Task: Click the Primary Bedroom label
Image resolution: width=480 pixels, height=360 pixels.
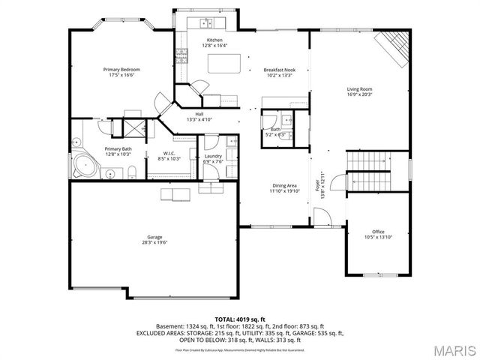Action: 121,70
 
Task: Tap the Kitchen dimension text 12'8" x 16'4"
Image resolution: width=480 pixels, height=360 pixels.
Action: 214,46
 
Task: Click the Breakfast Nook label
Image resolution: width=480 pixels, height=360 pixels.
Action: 278,70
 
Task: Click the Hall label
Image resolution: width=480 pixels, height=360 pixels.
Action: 199,114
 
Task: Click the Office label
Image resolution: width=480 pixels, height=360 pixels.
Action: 378,232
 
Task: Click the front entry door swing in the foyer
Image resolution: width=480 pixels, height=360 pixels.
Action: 322,218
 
